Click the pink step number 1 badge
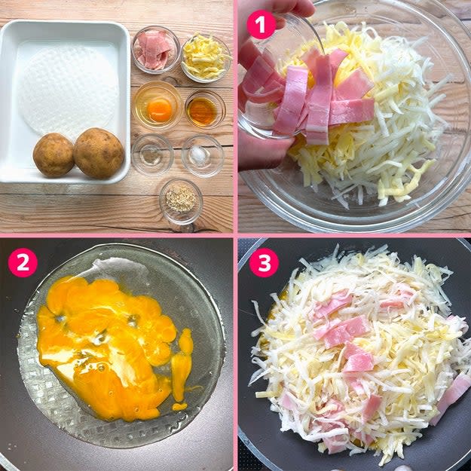[x=261, y=25]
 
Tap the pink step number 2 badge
[x=23, y=262]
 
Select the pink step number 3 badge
[x=264, y=262]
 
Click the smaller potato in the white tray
[x=54, y=154]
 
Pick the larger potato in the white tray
[x=99, y=153]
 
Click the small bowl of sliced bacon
[x=156, y=50]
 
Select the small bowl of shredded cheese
[x=206, y=58]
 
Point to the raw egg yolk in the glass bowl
[x=160, y=110]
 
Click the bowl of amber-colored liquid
[x=205, y=109]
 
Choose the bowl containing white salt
[x=203, y=155]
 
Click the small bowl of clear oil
[x=152, y=154]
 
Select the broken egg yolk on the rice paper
[x=108, y=345]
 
